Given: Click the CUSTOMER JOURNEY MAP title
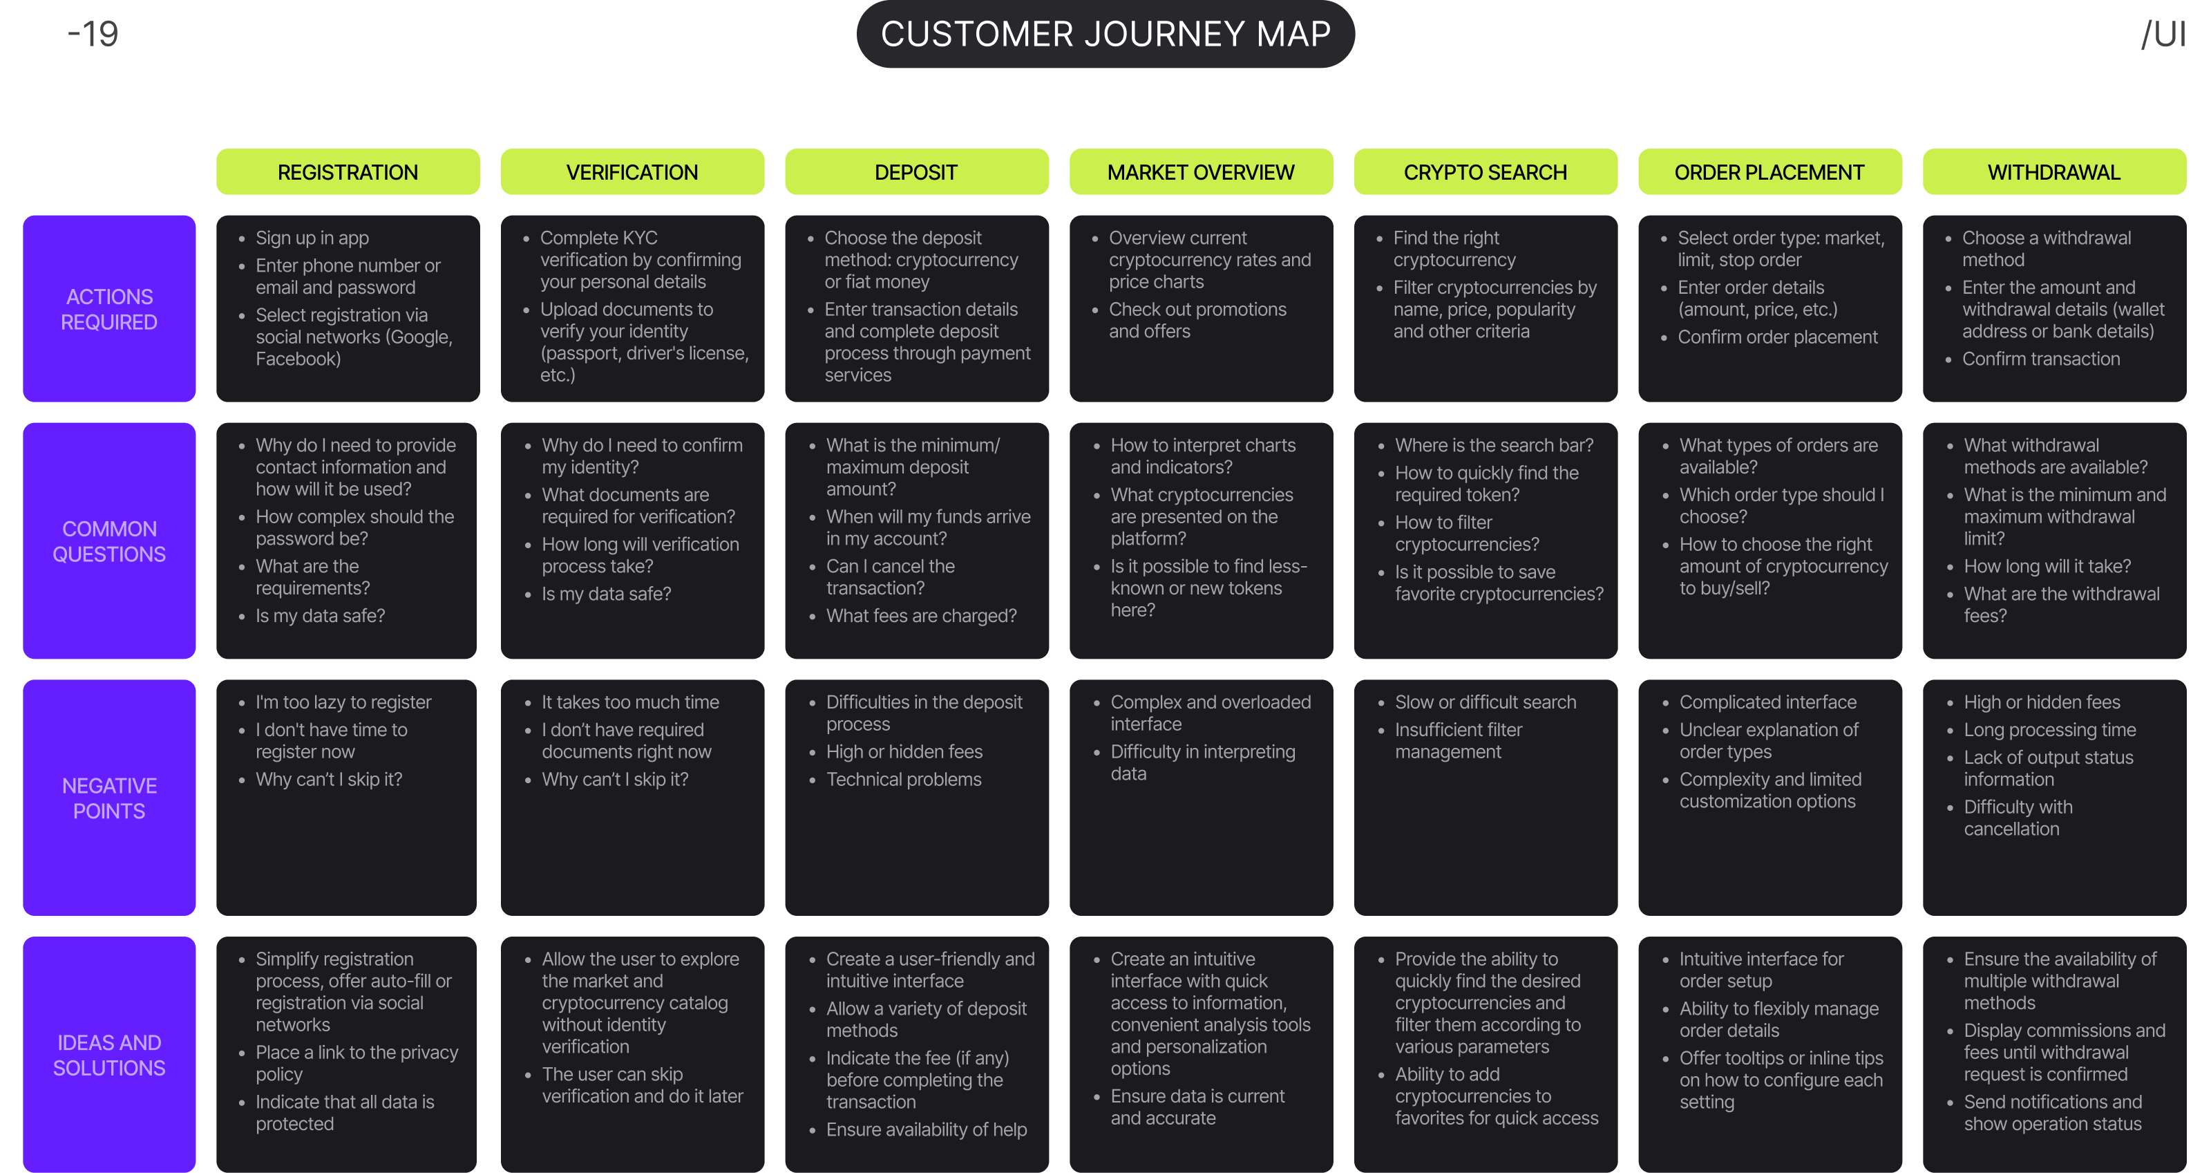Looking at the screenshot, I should tap(1105, 35).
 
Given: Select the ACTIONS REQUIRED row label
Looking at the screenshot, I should tap(109, 309).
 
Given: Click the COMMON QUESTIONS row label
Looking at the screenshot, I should tap(109, 541).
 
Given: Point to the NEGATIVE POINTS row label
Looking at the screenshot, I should tap(109, 798).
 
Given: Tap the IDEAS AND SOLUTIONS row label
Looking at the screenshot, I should tap(109, 1055).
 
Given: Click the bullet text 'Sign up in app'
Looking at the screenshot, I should tap(312, 238).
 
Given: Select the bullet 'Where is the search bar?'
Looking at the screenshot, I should tap(1493, 445).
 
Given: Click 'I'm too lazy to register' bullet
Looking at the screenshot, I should tap(343, 702).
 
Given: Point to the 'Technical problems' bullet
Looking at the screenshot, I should tap(903, 779).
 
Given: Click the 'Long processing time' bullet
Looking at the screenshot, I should tap(2049, 729).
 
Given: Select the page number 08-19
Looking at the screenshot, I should tap(71, 35).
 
